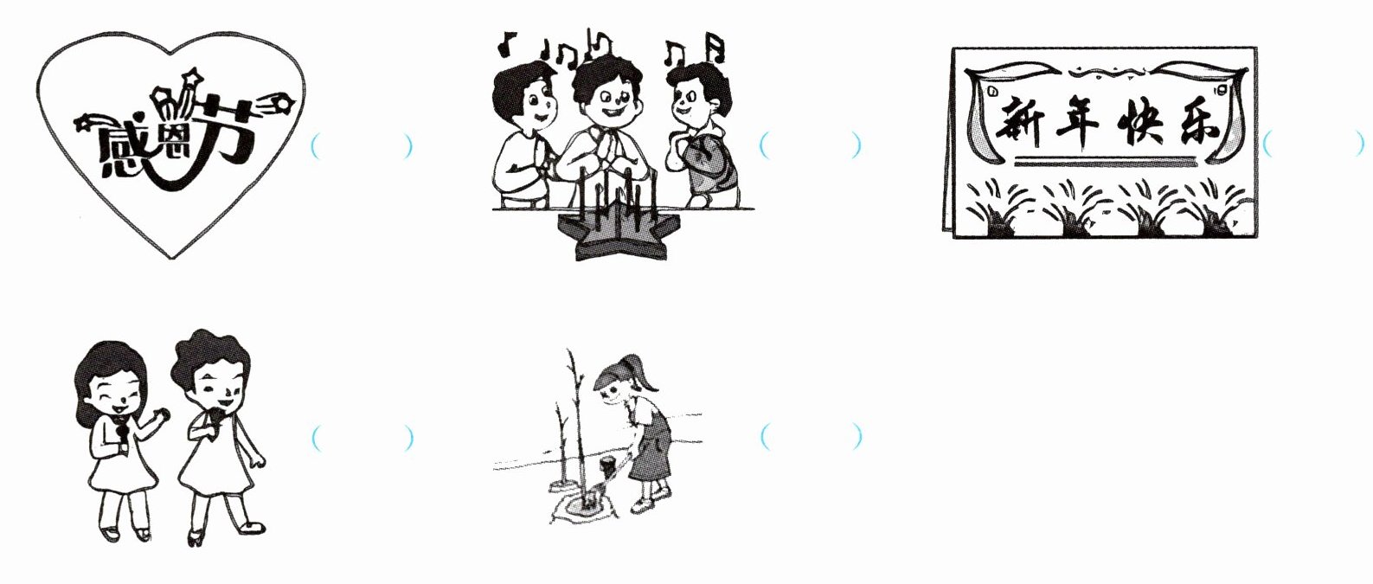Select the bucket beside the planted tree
[x=609, y=469]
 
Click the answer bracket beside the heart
[x=362, y=146]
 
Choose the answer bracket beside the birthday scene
[x=811, y=145]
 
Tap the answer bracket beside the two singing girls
[x=362, y=438]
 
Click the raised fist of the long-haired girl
[x=163, y=414]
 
